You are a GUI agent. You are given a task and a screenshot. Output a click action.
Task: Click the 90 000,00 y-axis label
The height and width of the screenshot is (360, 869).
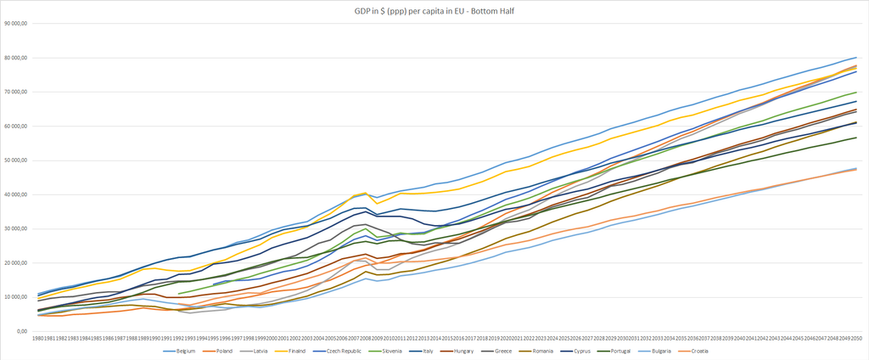click(16, 23)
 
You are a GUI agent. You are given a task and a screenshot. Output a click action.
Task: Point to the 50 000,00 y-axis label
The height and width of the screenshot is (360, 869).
click(16, 160)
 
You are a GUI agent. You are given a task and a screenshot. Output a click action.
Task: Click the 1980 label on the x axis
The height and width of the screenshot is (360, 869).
click(39, 338)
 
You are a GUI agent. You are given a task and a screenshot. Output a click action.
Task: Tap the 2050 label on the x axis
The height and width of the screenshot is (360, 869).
click(855, 338)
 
